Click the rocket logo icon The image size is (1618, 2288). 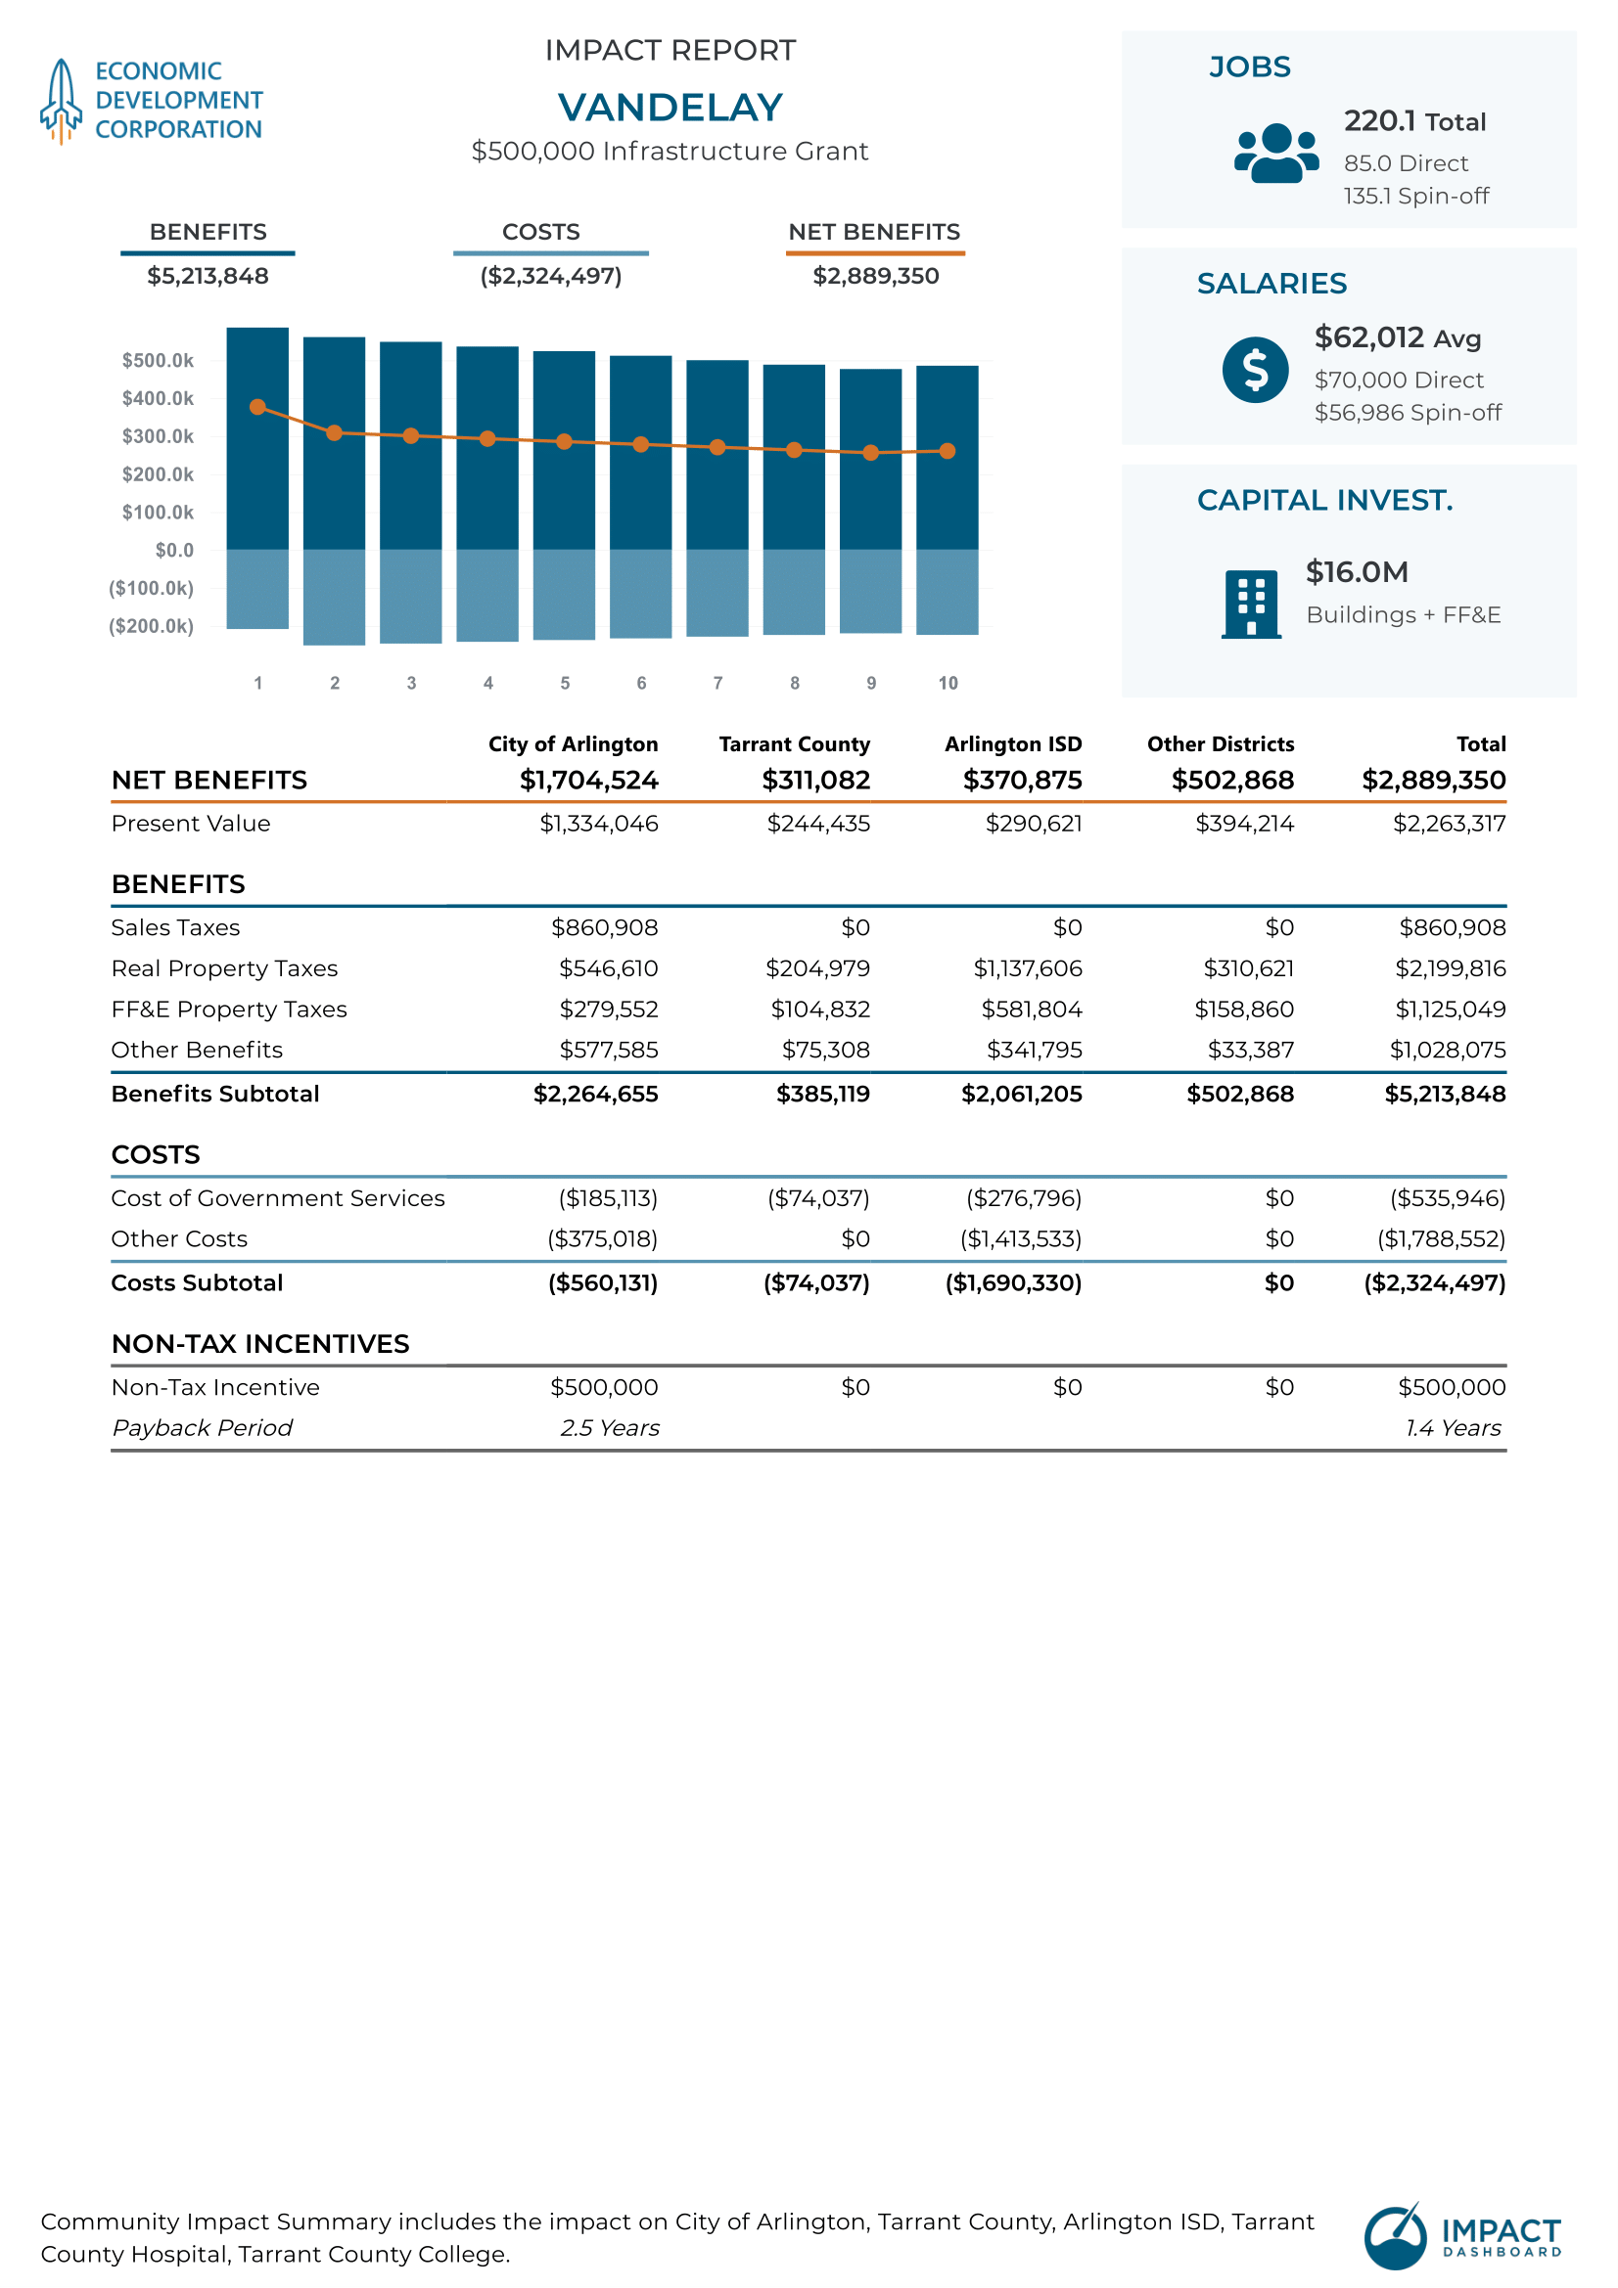61,101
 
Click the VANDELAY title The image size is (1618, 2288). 670,108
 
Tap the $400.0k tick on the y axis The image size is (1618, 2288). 158,398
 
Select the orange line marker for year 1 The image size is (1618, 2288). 258,407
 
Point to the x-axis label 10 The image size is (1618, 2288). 948,683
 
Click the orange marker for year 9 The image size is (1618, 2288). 871,453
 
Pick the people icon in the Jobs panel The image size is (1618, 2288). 1277,154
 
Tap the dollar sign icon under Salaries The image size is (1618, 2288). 1255,370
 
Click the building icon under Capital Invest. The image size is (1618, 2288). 1251,604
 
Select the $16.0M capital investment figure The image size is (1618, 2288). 1357,572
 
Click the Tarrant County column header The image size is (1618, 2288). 795,744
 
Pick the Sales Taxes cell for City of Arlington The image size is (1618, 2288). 604,927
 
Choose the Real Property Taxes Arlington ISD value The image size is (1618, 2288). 1028,968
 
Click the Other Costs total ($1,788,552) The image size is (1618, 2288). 1442,1238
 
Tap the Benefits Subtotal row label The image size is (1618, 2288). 215,1094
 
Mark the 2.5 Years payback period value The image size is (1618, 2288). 610,1428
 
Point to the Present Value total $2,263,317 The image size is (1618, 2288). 1450,823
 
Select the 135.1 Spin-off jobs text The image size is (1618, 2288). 1416,197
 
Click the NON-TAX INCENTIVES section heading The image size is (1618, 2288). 260,1344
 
